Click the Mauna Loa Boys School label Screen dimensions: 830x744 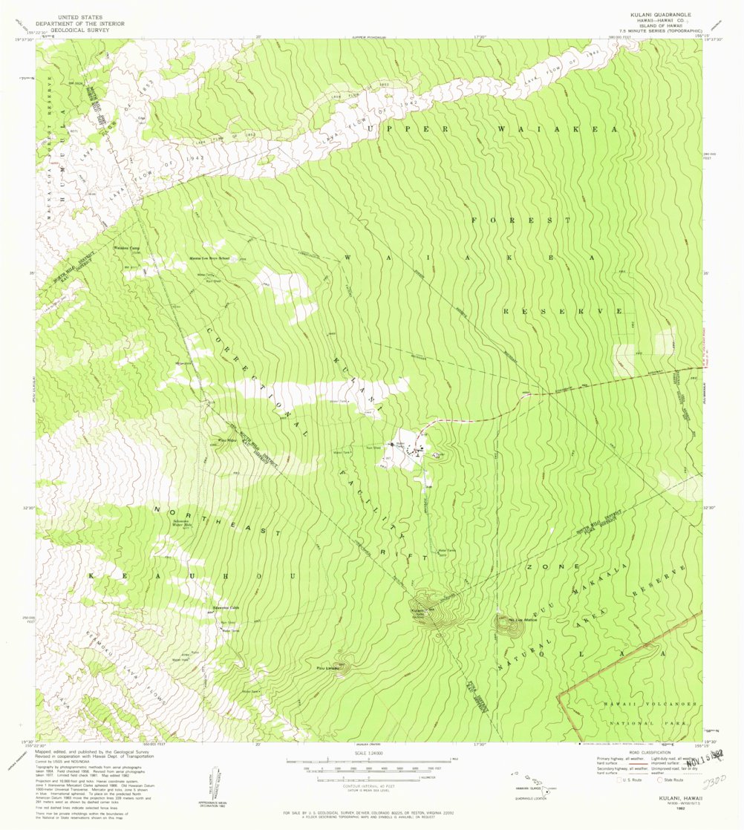click(x=208, y=259)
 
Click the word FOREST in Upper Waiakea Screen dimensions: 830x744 click(x=521, y=220)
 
